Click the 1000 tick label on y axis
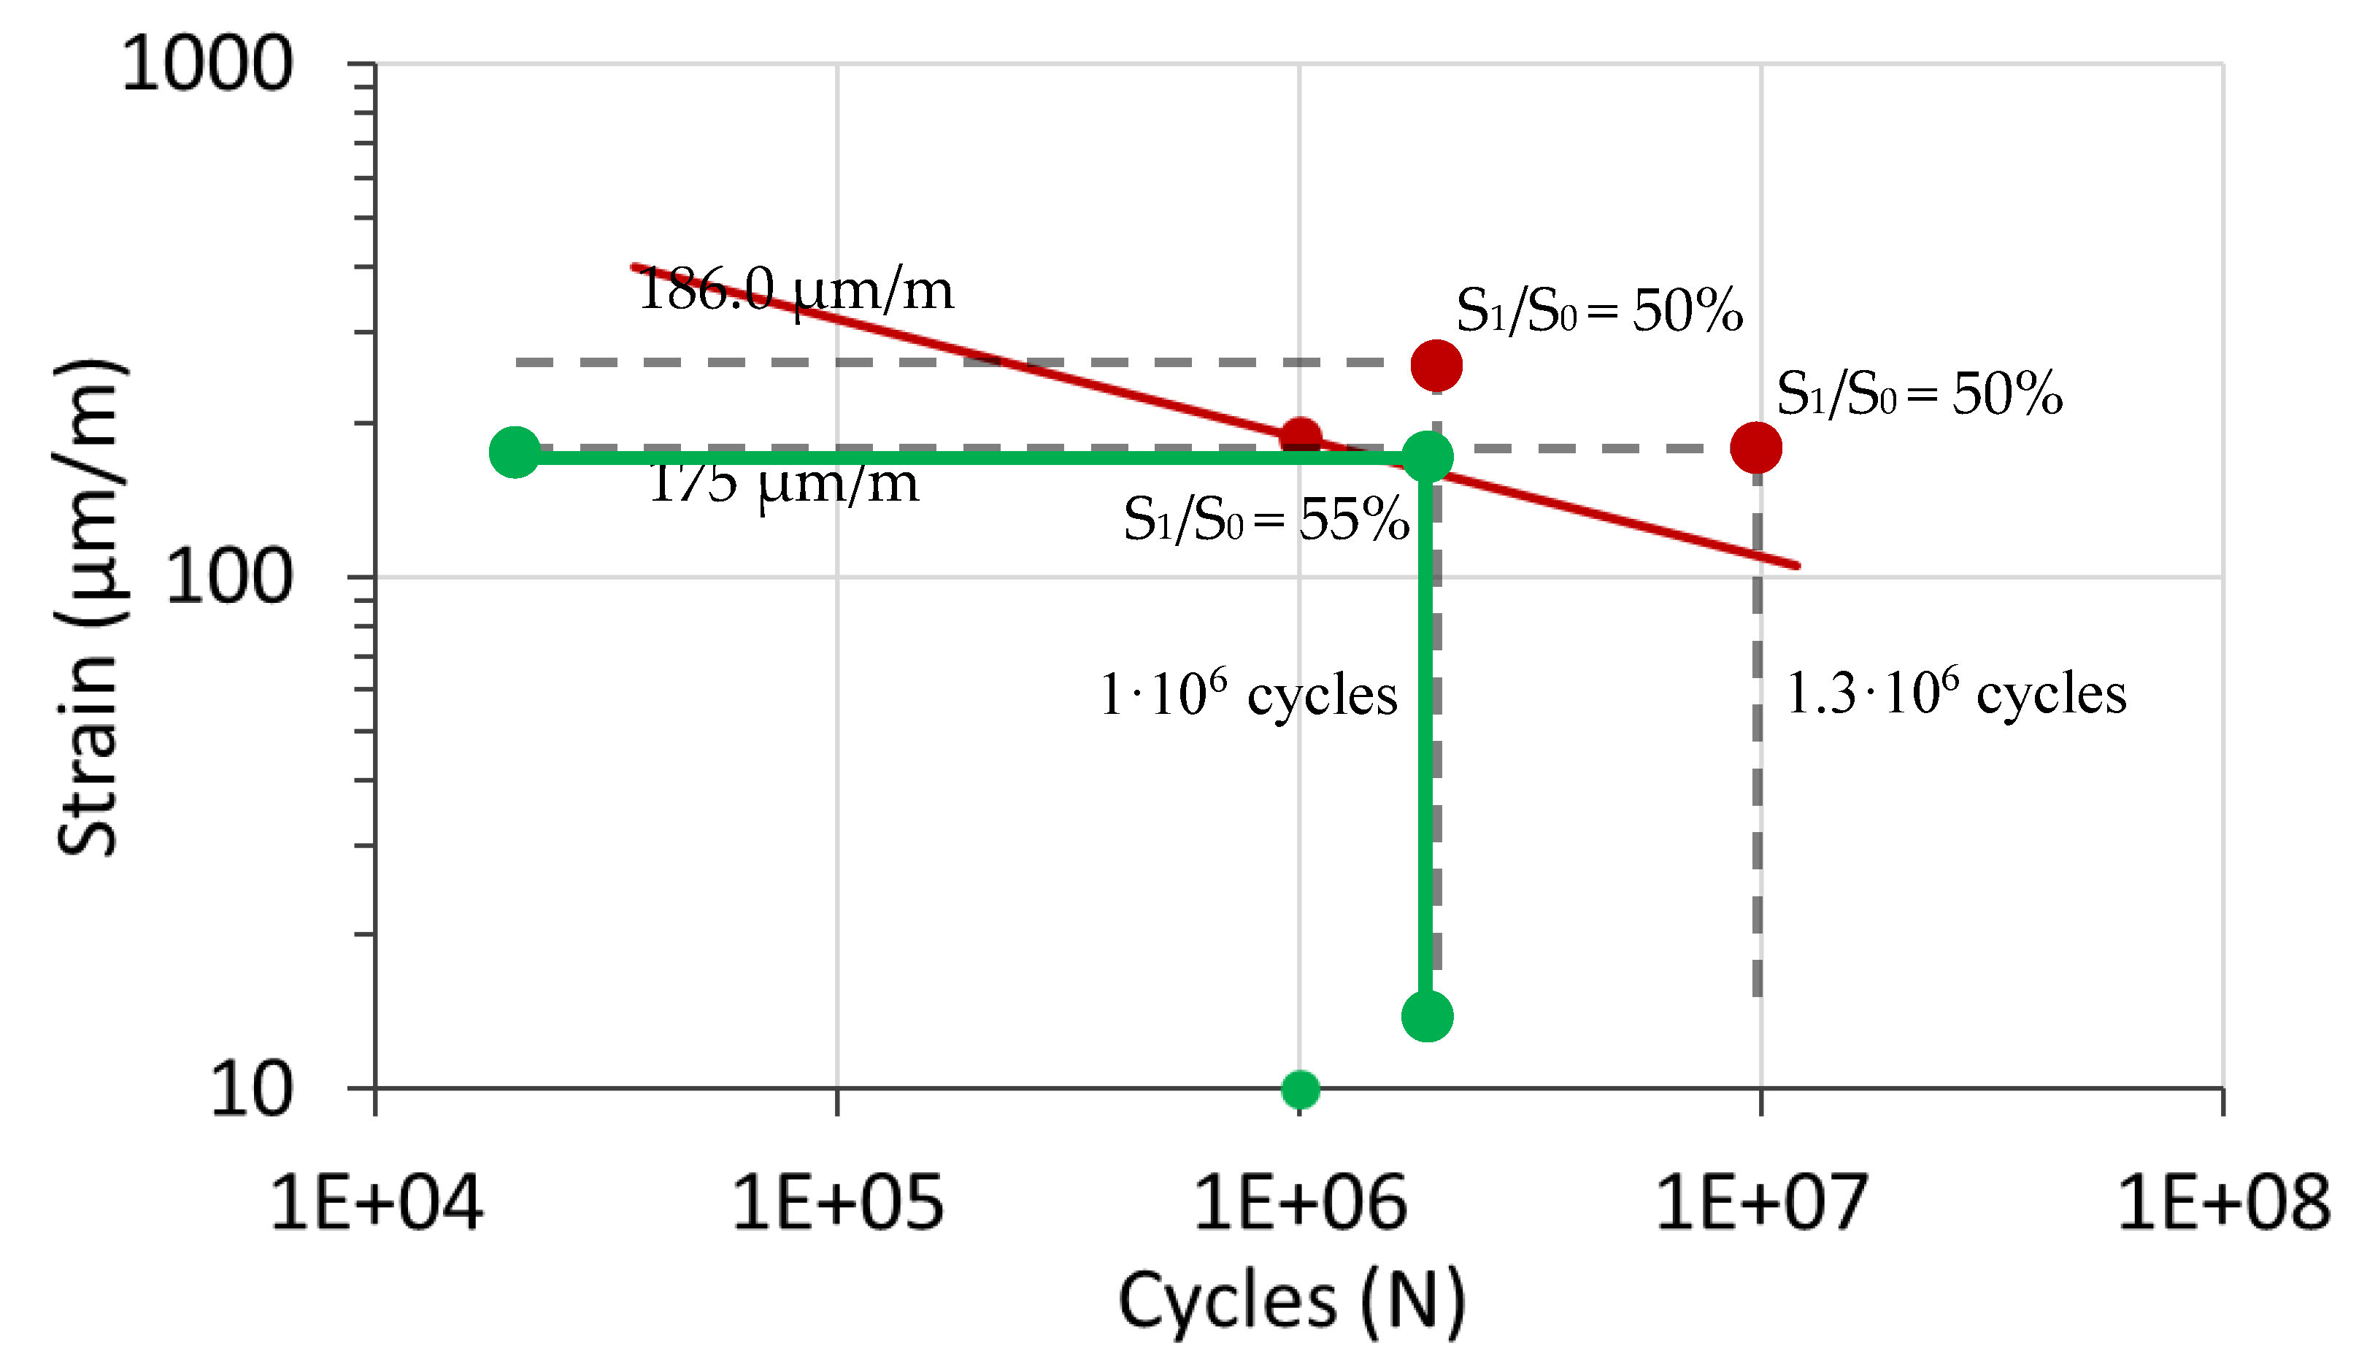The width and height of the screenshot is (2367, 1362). pos(207,66)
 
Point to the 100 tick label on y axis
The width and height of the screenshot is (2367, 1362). pos(228,577)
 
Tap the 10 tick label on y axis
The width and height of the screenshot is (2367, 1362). pos(250,1089)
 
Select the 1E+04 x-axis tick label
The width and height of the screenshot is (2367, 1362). pos(376,1203)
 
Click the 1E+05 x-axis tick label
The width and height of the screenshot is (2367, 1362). pos(837,1203)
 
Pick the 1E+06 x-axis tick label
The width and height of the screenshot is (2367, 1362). pos(1300,1203)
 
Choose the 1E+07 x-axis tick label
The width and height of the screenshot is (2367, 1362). pos(1761,1203)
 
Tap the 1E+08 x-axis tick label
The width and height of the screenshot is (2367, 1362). pos(2223,1203)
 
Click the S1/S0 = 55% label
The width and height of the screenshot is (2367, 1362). pos(1266,519)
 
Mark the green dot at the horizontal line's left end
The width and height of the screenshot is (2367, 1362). pos(515,453)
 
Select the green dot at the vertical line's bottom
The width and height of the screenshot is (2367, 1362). pos(1427,1016)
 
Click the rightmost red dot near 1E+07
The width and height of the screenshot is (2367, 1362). pos(1755,448)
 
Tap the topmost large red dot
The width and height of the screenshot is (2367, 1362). pos(1436,366)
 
